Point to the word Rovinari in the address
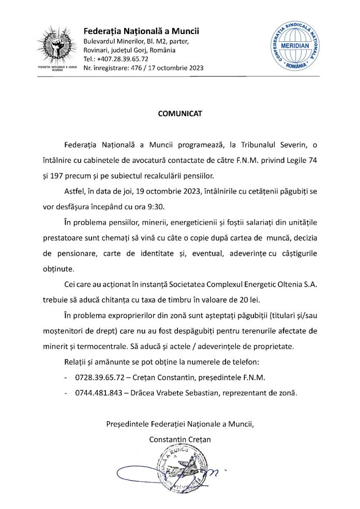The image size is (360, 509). point(97,51)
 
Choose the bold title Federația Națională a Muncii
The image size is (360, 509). point(142,32)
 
